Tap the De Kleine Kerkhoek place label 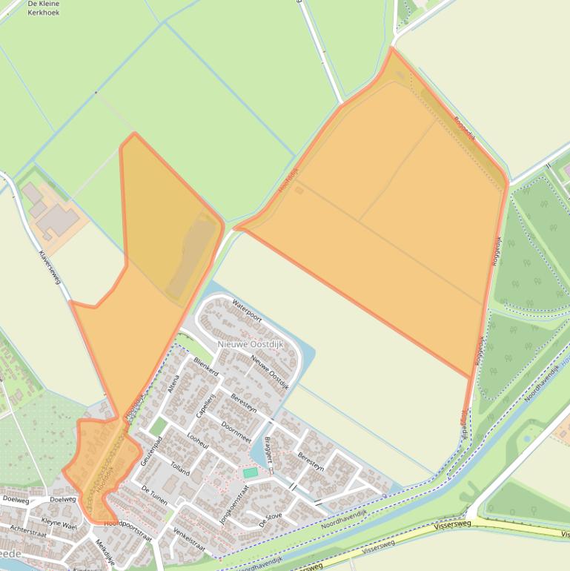[43, 8]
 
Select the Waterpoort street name [247, 309]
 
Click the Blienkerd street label [205, 366]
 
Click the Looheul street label [199, 443]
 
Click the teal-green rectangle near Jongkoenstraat [251, 472]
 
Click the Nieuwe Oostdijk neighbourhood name [247, 345]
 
